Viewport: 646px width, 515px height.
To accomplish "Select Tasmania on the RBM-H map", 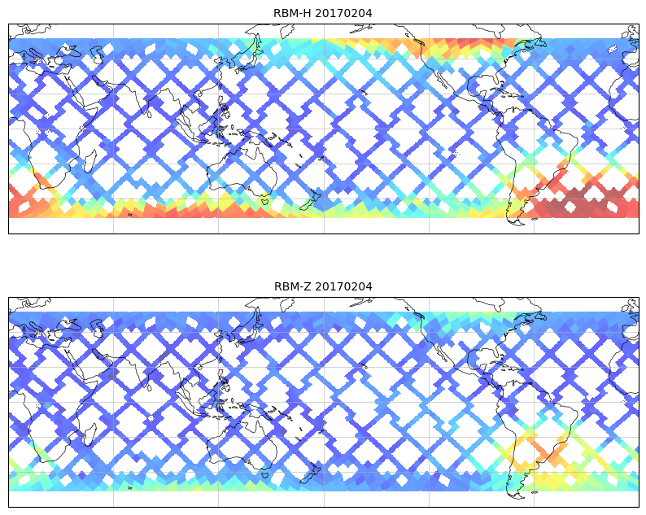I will click(265, 200).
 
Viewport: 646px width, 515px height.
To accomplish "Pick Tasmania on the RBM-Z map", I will click(265, 474).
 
